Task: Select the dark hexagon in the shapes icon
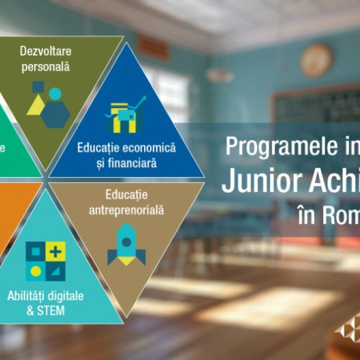55,114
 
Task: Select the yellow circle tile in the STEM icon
35,271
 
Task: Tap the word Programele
270,147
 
